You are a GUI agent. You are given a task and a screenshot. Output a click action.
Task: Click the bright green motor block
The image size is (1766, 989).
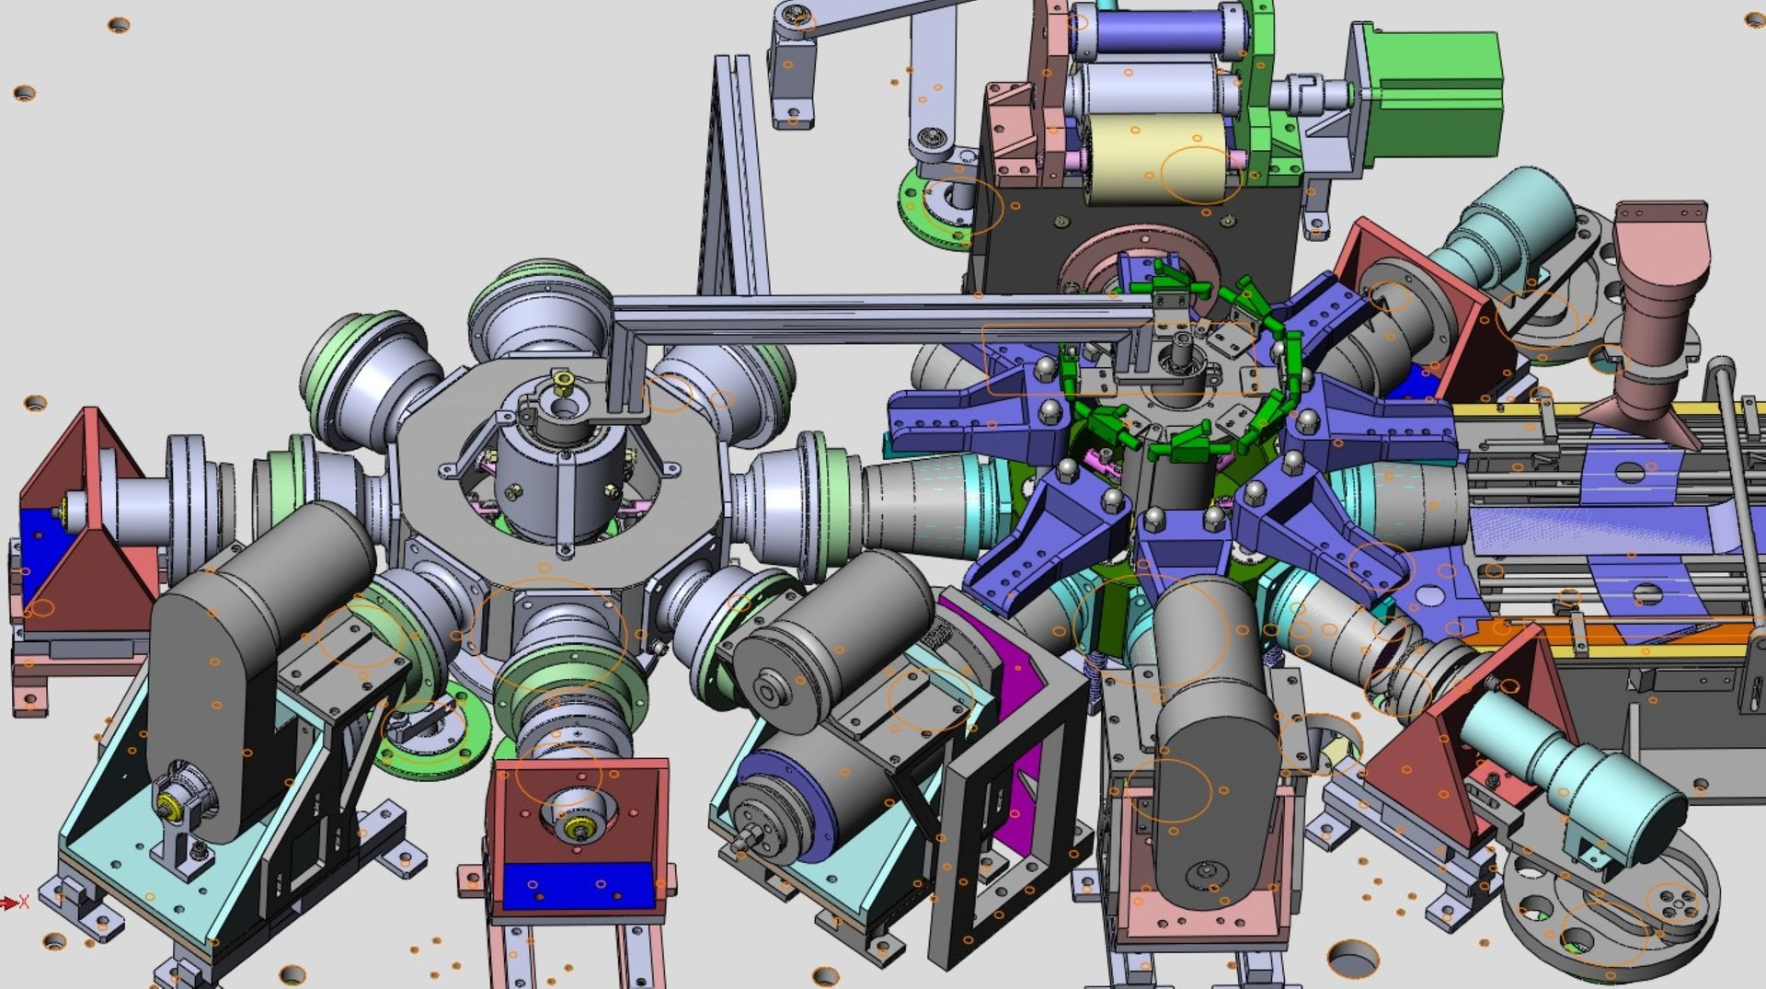[1439, 92]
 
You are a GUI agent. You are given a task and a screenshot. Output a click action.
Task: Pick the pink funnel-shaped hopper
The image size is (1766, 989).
[1656, 304]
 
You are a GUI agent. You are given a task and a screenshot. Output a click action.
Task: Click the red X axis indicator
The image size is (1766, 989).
[18, 903]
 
